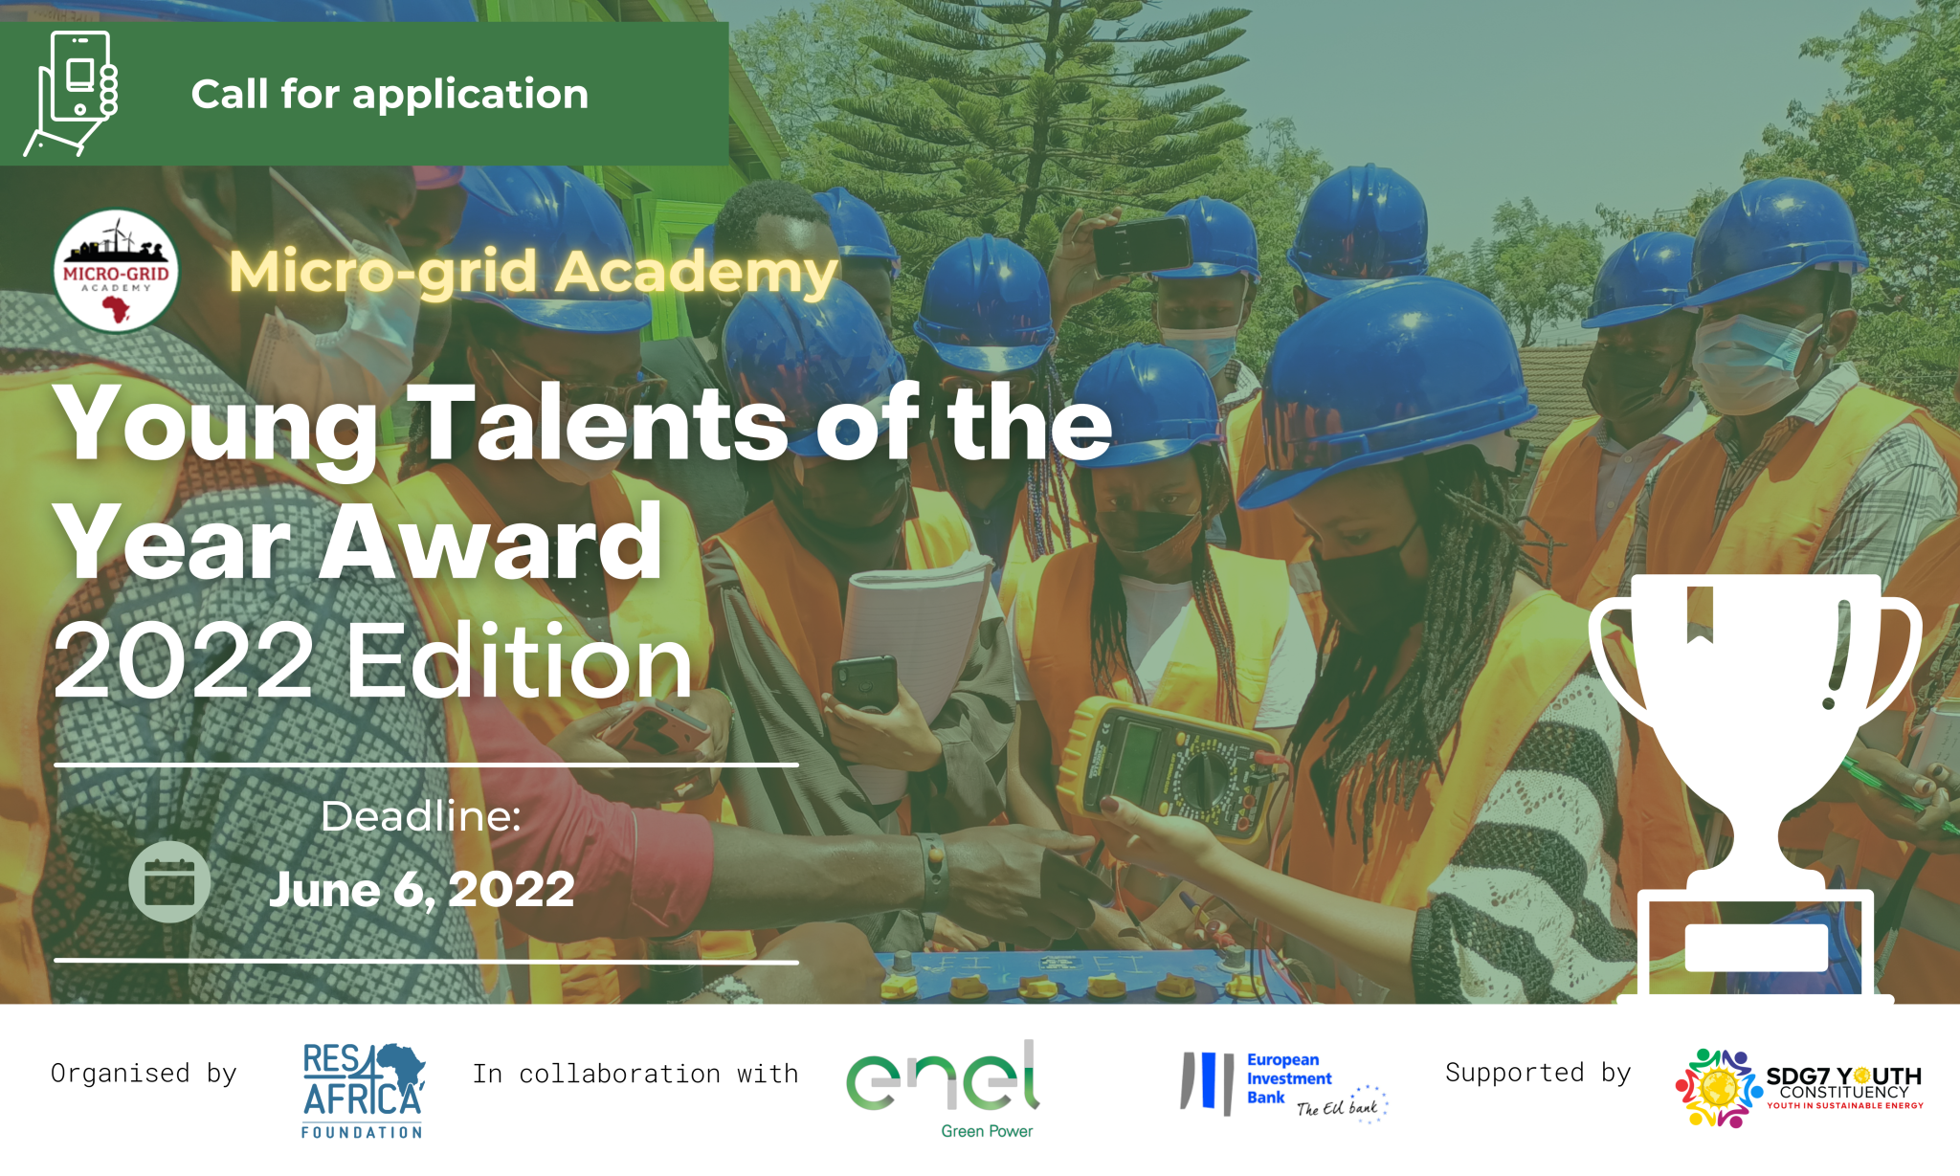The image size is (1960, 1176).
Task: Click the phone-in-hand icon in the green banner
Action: click(71, 93)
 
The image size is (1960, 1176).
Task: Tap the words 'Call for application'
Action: click(390, 95)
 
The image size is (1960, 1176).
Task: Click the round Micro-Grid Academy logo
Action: click(116, 271)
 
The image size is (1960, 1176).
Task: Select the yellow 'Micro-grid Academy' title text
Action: click(534, 273)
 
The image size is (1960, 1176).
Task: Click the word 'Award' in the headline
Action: click(491, 543)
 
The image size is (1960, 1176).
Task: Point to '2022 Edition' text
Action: click(373, 660)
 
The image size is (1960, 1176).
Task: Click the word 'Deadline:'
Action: click(421, 816)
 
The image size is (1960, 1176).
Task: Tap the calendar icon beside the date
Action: click(169, 882)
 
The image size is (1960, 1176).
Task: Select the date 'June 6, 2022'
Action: click(422, 889)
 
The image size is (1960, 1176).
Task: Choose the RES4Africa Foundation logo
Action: click(363, 1090)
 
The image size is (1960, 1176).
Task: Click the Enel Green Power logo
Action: click(944, 1089)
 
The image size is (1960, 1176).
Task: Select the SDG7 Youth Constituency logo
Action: click(1799, 1089)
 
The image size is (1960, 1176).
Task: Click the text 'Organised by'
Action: click(144, 1074)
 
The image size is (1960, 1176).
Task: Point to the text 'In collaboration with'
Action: click(635, 1074)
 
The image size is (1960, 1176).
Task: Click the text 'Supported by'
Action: click(1538, 1073)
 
